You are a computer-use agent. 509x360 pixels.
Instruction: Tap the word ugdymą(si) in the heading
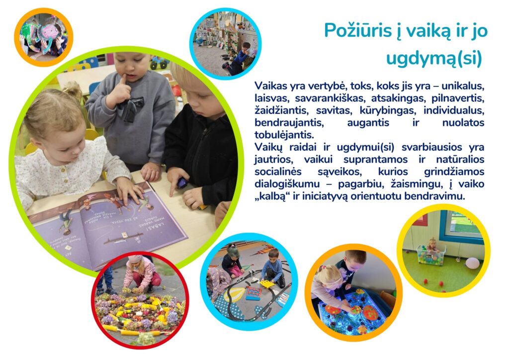434,59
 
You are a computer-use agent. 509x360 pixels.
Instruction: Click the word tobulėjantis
284,135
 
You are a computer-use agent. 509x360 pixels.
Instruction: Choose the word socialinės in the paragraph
278,172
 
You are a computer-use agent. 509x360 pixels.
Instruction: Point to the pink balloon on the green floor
472,263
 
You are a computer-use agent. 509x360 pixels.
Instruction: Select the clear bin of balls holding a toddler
431,255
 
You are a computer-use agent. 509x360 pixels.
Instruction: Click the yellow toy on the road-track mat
267,284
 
